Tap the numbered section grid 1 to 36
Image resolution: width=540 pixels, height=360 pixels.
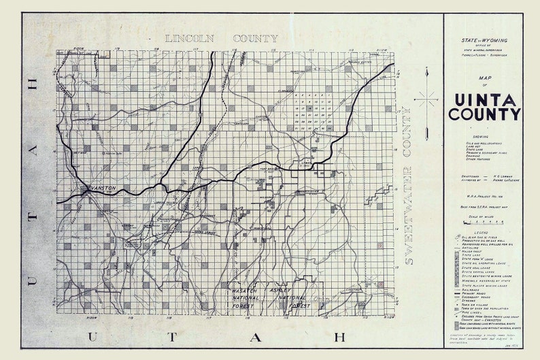(314, 109)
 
